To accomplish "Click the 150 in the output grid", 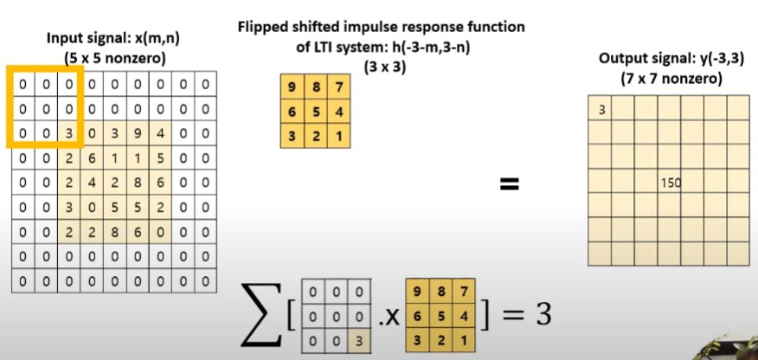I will tap(669, 183).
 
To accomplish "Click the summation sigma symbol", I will tap(261, 317).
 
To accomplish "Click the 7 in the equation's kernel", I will tap(465, 290).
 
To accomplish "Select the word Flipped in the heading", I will tap(263, 27).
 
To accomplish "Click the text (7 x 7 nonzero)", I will tap(666, 78).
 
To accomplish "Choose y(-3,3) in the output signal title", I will tap(711, 60).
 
